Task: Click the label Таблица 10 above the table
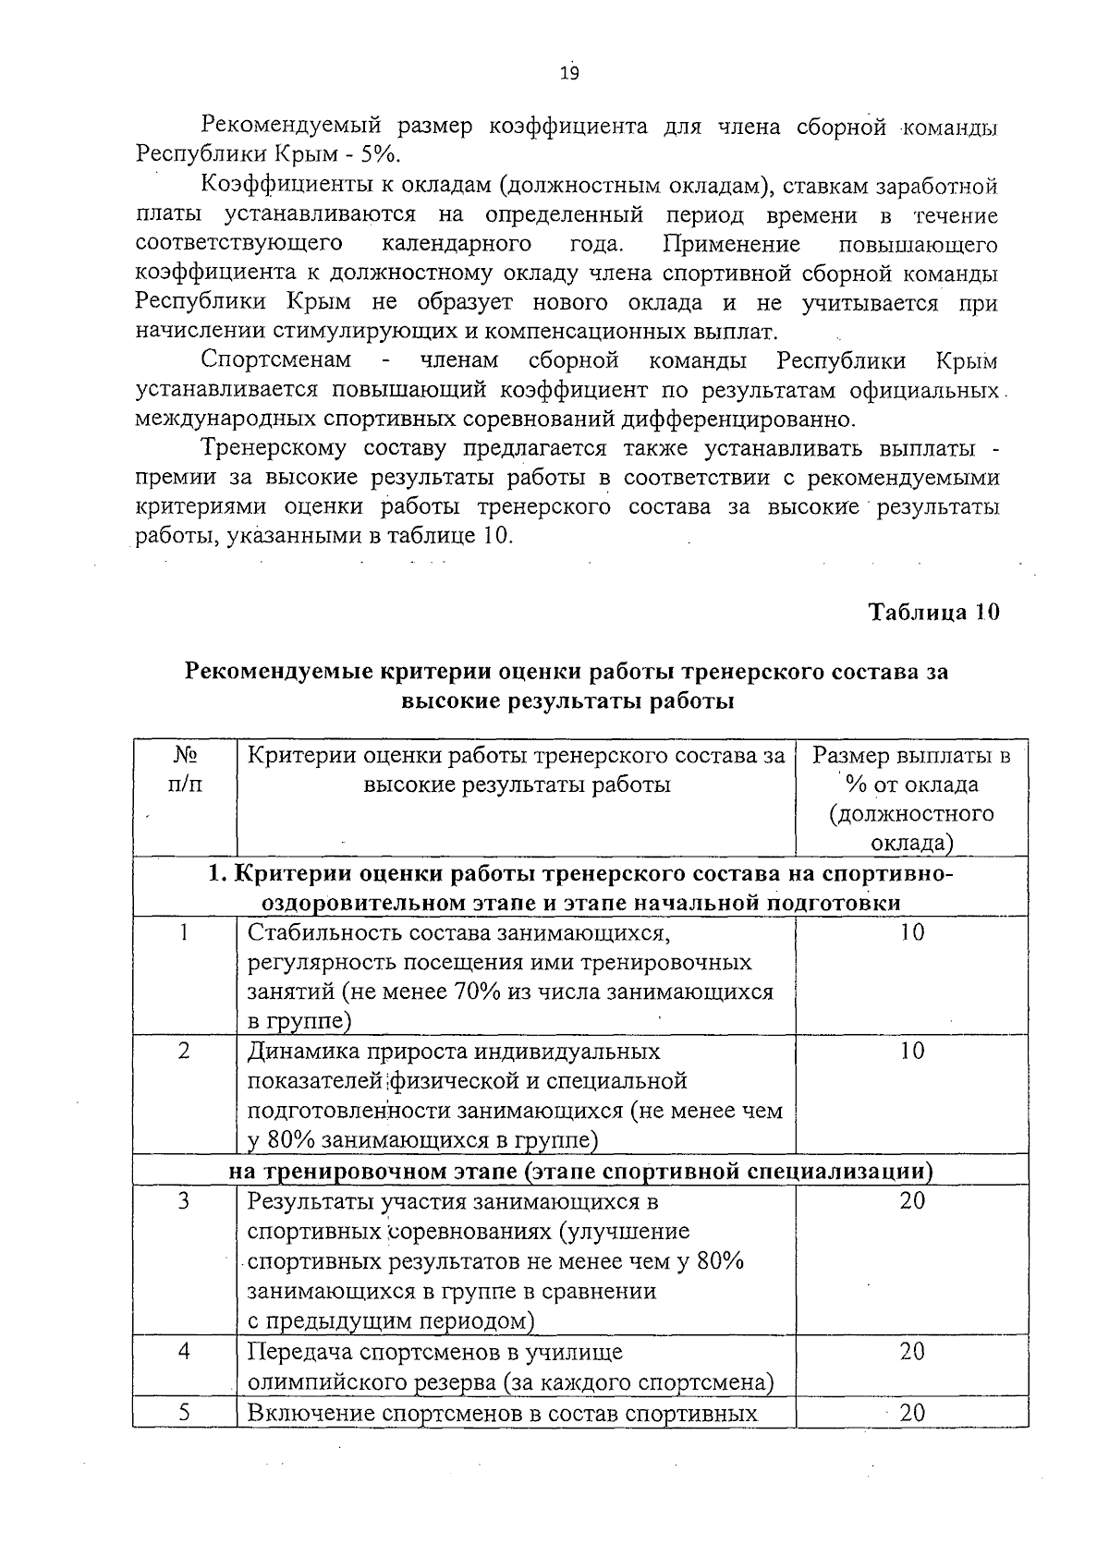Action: pos(933,612)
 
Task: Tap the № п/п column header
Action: pos(185,770)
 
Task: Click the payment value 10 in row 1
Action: pos(911,933)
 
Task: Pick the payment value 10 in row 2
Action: pos(911,1052)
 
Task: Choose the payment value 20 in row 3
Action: pos(911,1201)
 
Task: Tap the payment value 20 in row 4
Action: pos(911,1352)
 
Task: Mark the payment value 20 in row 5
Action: pos(911,1413)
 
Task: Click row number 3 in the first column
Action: pos(184,1201)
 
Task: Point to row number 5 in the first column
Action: pos(184,1413)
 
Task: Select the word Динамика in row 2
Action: pos(302,1052)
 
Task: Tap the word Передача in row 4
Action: pos(299,1352)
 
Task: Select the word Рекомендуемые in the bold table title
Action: pos(278,672)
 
